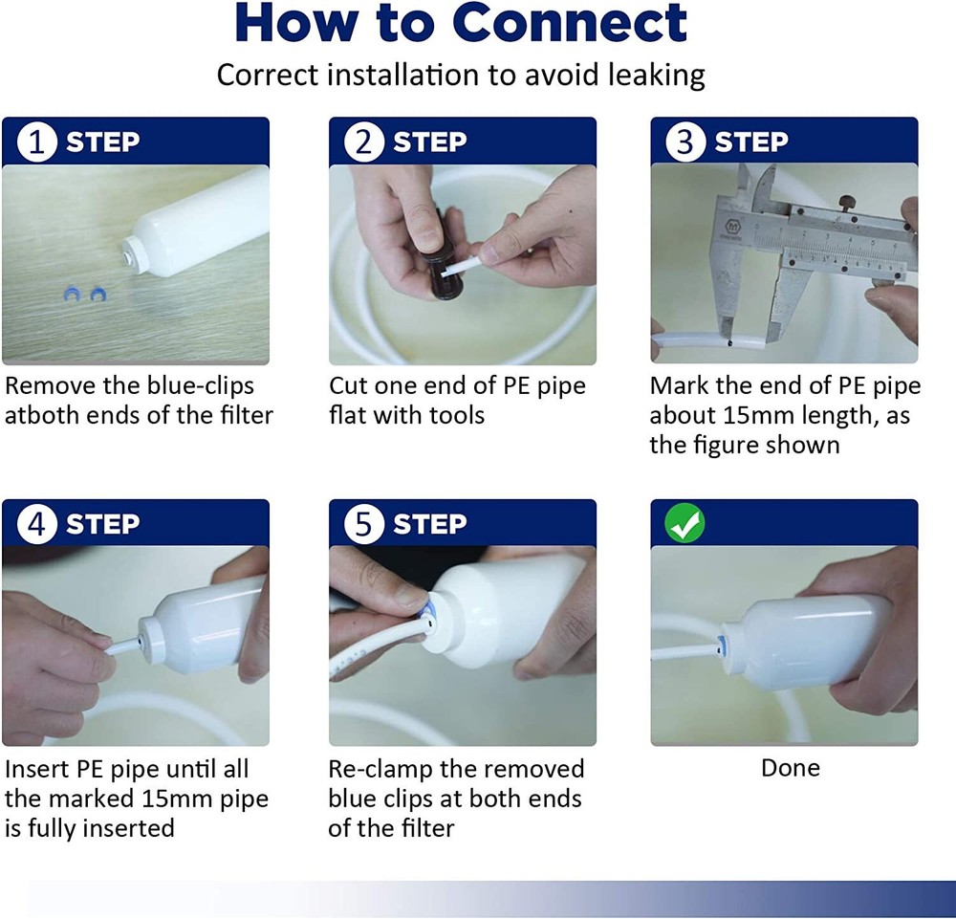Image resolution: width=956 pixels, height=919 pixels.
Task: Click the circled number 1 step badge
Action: tap(37, 142)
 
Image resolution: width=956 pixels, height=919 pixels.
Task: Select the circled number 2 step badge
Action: tap(363, 142)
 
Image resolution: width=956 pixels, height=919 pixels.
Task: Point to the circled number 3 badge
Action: tap(685, 142)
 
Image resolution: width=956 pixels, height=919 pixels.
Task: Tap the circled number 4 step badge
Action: tap(37, 525)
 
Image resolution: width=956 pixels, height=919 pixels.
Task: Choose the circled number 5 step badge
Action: tap(363, 525)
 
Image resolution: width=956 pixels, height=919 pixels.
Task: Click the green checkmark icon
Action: tap(685, 524)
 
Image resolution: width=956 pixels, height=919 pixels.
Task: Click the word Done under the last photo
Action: tap(790, 768)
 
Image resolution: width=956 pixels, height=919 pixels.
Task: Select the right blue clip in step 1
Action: tap(98, 295)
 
